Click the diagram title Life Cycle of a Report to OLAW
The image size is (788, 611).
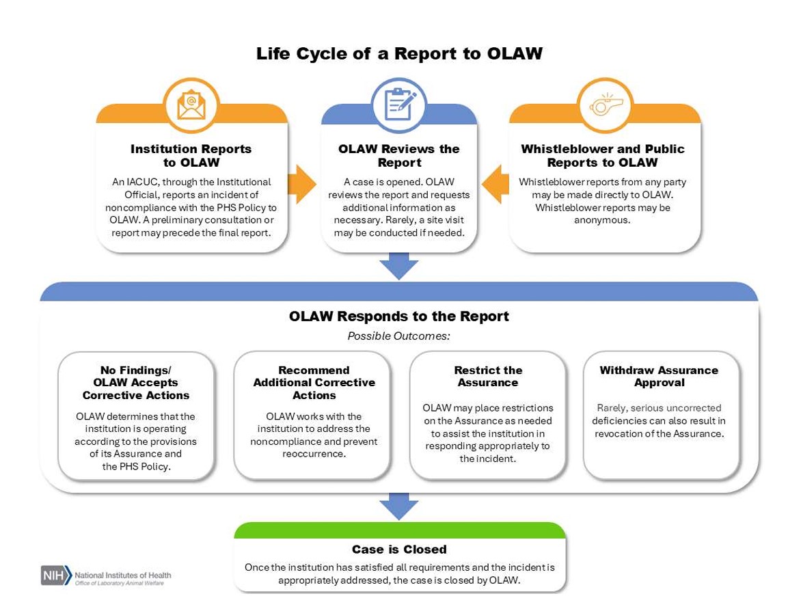[399, 54]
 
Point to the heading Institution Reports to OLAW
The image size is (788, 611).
[191, 156]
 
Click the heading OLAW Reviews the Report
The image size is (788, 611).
[399, 156]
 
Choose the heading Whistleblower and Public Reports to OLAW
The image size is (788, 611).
[602, 156]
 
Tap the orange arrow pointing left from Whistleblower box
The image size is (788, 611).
[496, 184]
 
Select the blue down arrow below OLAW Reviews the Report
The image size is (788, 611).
[399, 266]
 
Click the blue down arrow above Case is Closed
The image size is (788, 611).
[399, 506]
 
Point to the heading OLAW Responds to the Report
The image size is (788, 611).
[399, 316]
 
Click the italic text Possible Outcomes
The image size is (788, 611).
[399, 336]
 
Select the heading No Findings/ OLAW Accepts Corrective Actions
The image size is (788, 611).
[136, 383]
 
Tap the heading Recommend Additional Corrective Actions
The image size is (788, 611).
[314, 383]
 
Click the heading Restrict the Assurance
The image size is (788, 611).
[488, 377]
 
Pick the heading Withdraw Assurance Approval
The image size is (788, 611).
[659, 377]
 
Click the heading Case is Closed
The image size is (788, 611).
[399, 549]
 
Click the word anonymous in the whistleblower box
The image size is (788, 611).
[601, 220]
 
